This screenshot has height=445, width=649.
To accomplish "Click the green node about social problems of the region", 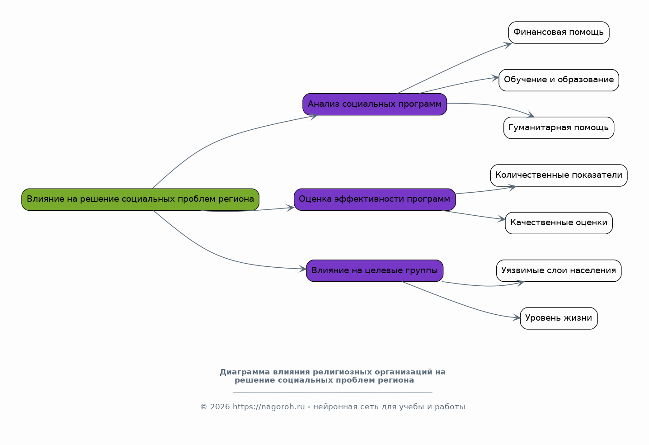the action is click(140, 199).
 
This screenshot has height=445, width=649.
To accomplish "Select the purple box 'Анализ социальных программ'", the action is click(375, 104).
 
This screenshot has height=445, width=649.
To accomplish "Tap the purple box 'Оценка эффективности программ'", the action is click(375, 199).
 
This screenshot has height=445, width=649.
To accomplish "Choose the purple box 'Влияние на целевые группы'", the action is click(375, 270).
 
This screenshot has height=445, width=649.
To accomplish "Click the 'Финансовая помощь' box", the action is click(559, 33).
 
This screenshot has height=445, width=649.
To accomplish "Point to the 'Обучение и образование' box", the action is click(559, 80).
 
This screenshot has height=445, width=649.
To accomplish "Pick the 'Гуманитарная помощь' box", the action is click(559, 128).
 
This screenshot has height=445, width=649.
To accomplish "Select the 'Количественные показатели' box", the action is click(559, 175).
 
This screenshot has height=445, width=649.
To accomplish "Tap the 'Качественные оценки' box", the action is click(559, 223).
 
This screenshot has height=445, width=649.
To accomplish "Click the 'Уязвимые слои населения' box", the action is click(559, 270).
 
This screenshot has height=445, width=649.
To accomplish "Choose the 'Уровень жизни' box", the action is click(559, 318).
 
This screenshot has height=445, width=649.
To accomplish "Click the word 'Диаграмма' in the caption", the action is click(245, 372).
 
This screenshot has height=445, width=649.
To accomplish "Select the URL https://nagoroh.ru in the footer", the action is click(268, 407).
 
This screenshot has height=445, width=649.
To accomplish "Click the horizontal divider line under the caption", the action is click(333, 393).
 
